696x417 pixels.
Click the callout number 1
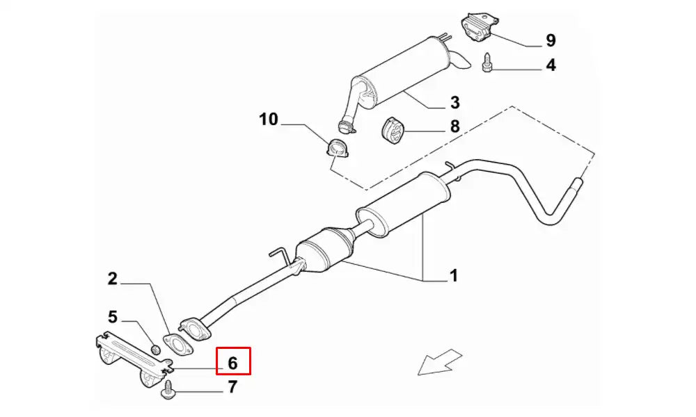[x=453, y=277]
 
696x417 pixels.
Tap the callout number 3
[x=454, y=104]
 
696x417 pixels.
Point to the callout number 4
[x=551, y=66]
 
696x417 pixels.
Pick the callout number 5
[x=112, y=318]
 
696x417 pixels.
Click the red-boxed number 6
[x=233, y=362]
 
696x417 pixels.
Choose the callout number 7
[x=233, y=387]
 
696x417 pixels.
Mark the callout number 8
[x=454, y=126]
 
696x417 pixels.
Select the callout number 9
[x=551, y=40]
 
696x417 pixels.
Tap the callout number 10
[x=269, y=120]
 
